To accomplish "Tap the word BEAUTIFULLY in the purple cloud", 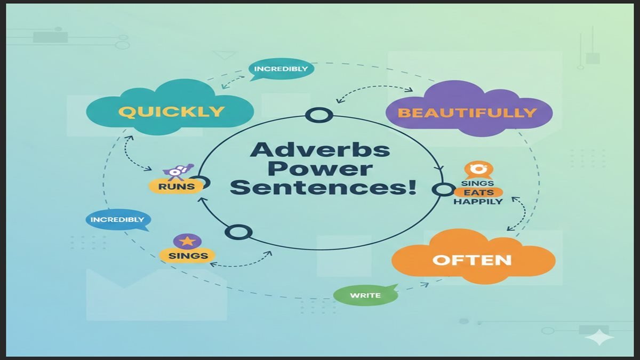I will [467, 113].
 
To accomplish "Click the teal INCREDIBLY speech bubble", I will [281, 69].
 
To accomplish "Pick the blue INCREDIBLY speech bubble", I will [117, 220].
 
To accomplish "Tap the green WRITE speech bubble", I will [365, 295].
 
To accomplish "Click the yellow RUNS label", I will [175, 186].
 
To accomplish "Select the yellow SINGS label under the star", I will [187, 255].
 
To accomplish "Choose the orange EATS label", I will [478, 193].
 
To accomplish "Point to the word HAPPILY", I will [478, 202].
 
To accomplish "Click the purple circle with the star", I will [187, 241].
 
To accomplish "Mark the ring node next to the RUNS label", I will [203, 183].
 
